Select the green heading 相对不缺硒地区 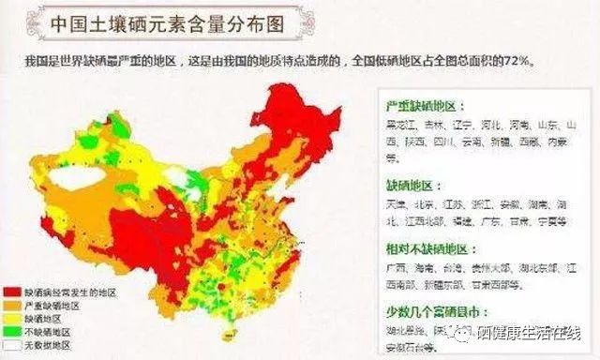[424, 249]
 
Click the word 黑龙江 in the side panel [404, 124]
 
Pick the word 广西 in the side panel [397, 269]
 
